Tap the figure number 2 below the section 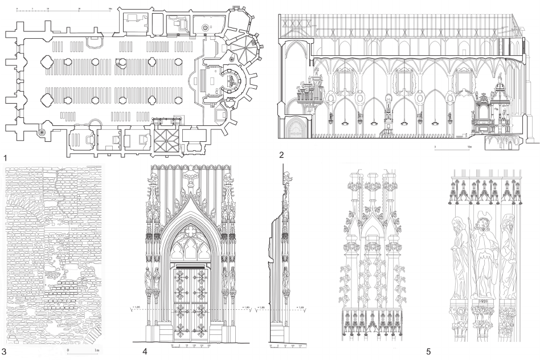tap(281, 154)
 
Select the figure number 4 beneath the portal tap(145, 351)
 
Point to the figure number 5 tap(428, 351)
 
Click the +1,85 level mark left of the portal tap(136, 308)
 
